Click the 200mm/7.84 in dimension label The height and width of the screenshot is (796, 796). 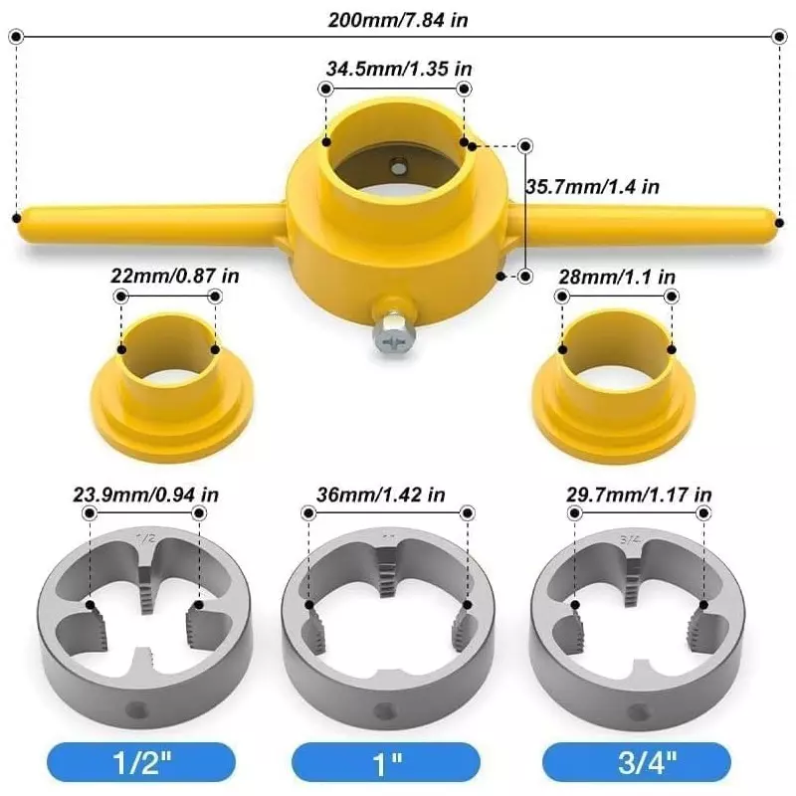398,17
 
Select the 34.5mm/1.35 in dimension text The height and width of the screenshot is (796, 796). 398,69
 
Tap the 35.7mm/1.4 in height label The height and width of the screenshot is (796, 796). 592,186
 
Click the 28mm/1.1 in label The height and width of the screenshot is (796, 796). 617,276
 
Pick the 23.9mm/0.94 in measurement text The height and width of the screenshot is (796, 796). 145,493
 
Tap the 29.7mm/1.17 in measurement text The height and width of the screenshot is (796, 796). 638,493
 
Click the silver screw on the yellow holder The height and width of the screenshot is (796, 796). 390,334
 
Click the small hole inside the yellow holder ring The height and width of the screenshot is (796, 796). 398,166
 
